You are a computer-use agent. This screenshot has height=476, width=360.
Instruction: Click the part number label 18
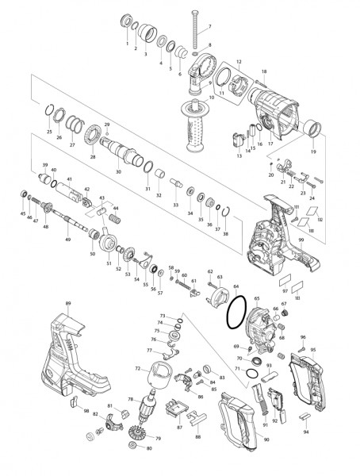pos(263,73)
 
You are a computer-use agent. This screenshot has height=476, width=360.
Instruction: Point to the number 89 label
pos(68,305)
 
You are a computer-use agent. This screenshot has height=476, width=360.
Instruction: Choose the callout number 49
pos(67,240)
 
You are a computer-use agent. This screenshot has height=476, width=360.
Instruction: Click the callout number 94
pos(305,433)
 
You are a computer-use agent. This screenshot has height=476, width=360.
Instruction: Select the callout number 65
pos(257,299)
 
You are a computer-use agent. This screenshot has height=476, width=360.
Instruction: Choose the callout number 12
pos(239,61)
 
